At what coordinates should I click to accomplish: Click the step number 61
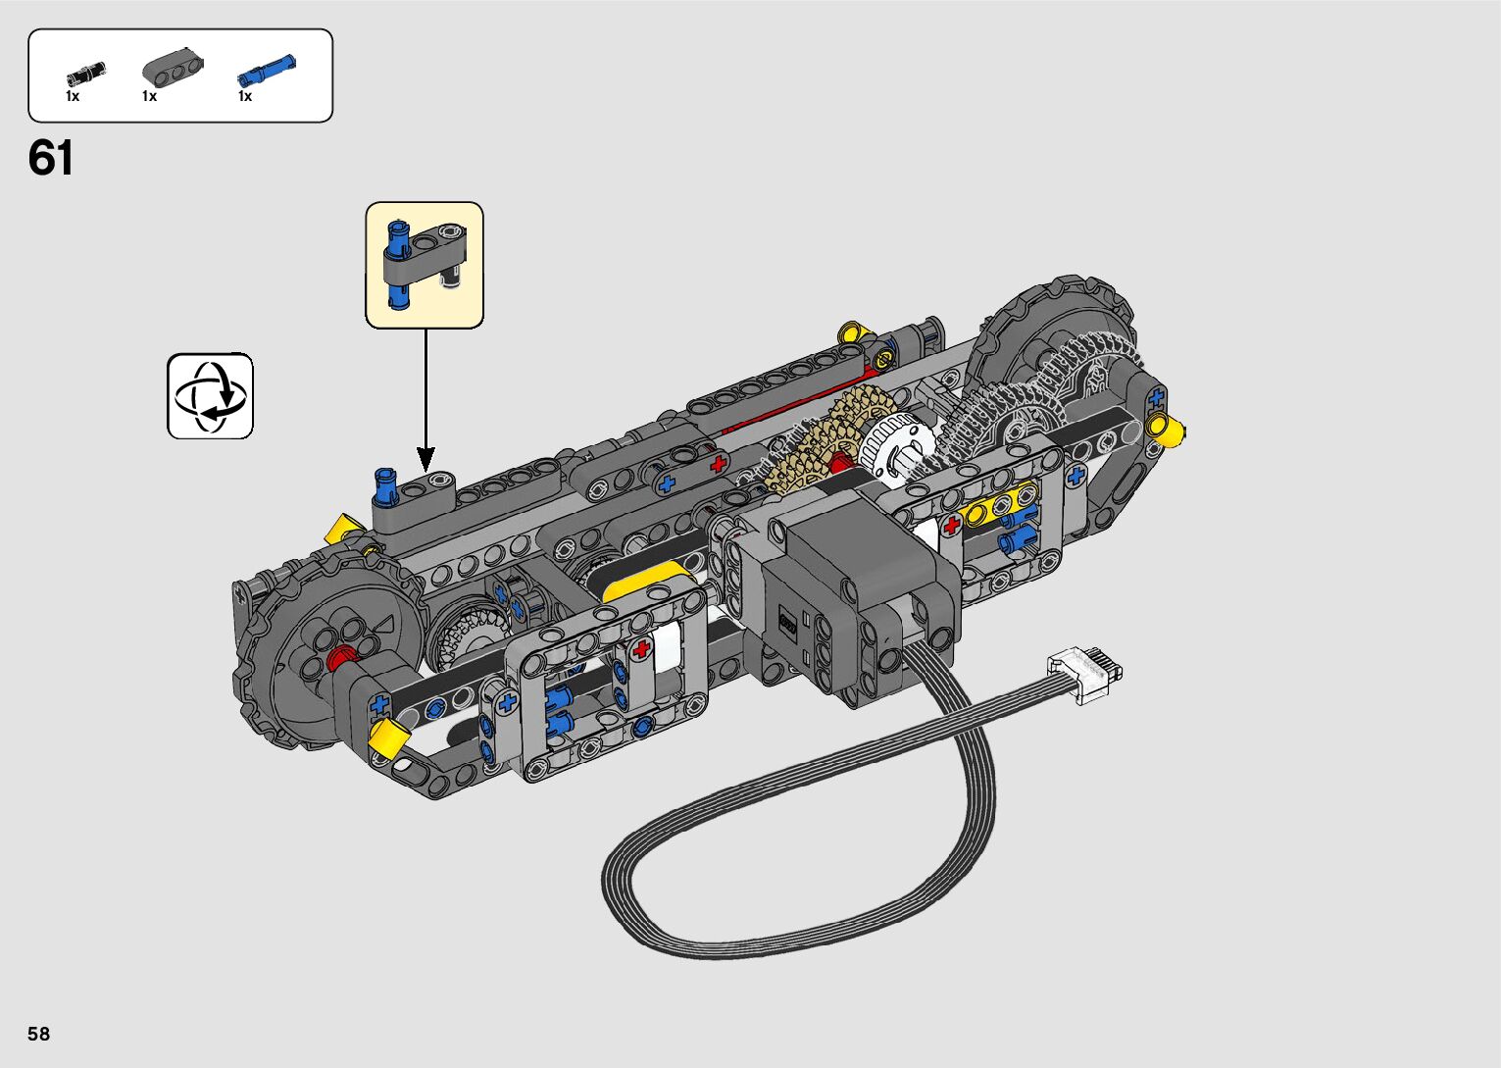(50, 158)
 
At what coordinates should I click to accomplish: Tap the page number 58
(39, 1033)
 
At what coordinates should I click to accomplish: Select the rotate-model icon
(210, 395)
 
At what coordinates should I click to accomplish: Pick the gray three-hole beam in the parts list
(173, 68)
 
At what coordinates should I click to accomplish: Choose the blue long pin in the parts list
(266, 70)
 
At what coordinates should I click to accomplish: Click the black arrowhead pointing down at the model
(425, 459)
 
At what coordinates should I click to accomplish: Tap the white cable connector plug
(1084, 673)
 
